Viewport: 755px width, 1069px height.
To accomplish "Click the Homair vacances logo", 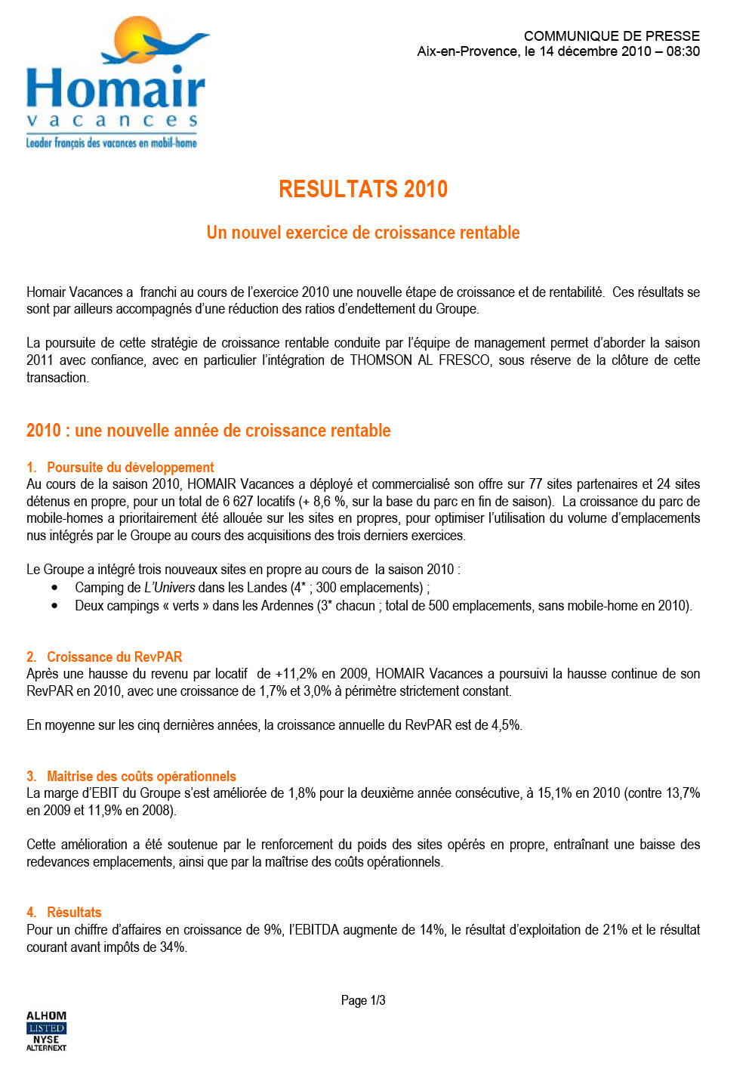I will [x=116, y=83].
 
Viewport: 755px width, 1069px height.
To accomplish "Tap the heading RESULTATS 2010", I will [x=363, y=189].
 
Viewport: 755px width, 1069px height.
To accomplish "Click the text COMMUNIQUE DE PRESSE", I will [x=612, y=36].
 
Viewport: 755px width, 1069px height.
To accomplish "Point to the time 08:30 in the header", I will [x=683, y=51].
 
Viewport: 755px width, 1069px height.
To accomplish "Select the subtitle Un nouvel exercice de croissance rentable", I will [x=363, y=233].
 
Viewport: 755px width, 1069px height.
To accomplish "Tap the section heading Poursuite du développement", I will [x=131, y=468].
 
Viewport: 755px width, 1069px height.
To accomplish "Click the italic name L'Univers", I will [x=170, y=588].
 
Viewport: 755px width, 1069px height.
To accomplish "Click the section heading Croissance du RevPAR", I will [x=115, y=657].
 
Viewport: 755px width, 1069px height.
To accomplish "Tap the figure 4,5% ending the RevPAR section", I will [x=506, y=725].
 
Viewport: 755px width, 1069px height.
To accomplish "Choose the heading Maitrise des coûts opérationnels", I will [x=141, y=777].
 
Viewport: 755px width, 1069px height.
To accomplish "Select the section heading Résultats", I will [x=74, y=913].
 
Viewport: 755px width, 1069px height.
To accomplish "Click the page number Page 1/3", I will [x=363, y=1000].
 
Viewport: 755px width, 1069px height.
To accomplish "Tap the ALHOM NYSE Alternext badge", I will [x=47, y=1031].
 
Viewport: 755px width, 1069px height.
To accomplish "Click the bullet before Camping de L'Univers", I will [x=54, y=588].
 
